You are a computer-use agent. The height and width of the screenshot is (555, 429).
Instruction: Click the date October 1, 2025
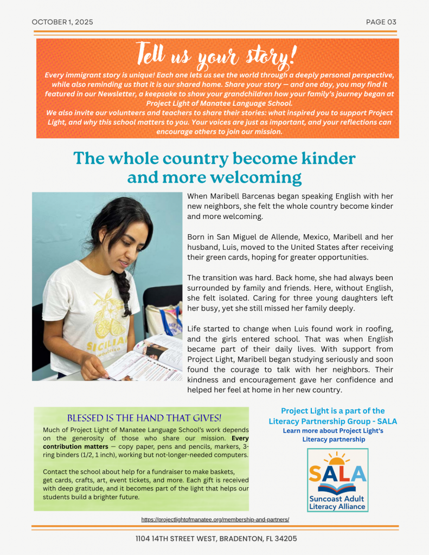click(x=62, y=22)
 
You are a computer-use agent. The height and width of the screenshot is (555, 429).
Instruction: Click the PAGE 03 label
click(x=381, y=22)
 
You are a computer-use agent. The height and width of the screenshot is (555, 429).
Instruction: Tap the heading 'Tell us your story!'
click(x=217, y=55)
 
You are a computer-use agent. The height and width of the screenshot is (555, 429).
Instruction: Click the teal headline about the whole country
click(x=214, y=167)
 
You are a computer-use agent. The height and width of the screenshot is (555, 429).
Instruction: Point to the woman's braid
click(x=122, y=293)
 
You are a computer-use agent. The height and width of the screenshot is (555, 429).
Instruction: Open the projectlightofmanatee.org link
click(x=215, y=519)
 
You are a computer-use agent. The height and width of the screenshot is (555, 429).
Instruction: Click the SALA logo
click(x=337, y=480)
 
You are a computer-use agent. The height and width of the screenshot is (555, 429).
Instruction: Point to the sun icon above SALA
click(x=338, y=460)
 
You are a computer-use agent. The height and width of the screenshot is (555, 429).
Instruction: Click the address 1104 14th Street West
click(x=216, y=539)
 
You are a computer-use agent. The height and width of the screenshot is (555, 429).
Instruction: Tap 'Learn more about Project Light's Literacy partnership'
click(x=333, y=435)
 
